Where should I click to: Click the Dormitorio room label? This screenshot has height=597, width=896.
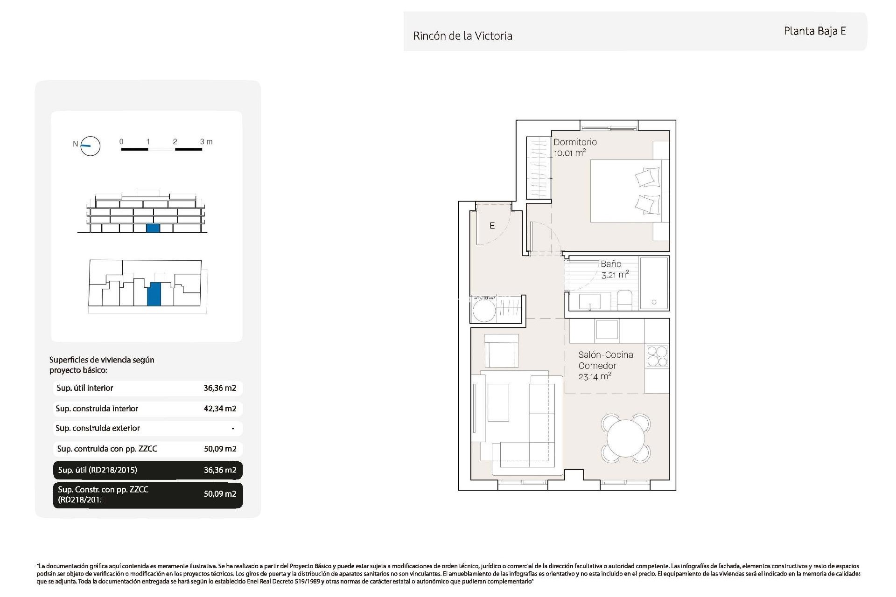point(574,142)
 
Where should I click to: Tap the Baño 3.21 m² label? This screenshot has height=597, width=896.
point(614,270)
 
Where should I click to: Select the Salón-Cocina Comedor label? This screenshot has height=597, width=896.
point(605,361)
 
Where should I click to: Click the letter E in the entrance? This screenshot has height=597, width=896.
point(492,226)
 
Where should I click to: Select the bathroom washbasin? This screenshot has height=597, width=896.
point(590,301)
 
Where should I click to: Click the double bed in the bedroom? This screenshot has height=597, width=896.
point(625,191)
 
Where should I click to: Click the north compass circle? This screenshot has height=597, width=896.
point(91,146)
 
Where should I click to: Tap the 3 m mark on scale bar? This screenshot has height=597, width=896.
point(206,142)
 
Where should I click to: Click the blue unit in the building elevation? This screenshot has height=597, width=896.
point(153,228)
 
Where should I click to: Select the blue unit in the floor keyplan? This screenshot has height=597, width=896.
point(154,294)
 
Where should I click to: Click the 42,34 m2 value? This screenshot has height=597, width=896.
point(220,409)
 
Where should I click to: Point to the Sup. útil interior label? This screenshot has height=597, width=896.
point(85,388)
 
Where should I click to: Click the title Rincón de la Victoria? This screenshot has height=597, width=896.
point(462,36)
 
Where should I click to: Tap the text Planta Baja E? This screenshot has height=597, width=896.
point(814,31)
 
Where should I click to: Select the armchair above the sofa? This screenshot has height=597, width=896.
point(501,351)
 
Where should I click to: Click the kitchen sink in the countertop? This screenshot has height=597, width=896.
point(607,330)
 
